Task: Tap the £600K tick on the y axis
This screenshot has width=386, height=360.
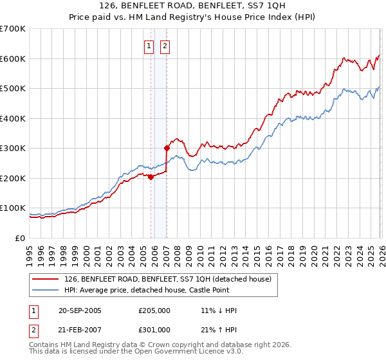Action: (x=13, y=59)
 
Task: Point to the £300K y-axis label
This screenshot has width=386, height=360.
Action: (x=13, y=148)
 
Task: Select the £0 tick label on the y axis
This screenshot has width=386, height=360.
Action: (x=20, y=238)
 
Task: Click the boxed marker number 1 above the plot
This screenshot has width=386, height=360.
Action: (x=149, y=46)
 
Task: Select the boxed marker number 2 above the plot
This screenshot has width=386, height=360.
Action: (x=165, y=46)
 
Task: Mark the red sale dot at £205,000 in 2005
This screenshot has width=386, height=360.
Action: (x=151, y=177)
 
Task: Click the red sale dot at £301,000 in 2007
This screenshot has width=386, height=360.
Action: (x=167, y=148)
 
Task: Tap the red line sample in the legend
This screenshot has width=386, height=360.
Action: (x=46, y=279)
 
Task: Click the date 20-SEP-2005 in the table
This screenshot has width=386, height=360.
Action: (x=80, y=310)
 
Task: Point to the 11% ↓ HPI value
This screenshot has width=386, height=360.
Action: (x=219, y=310)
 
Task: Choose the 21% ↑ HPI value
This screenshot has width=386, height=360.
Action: (x=219, y=329)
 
